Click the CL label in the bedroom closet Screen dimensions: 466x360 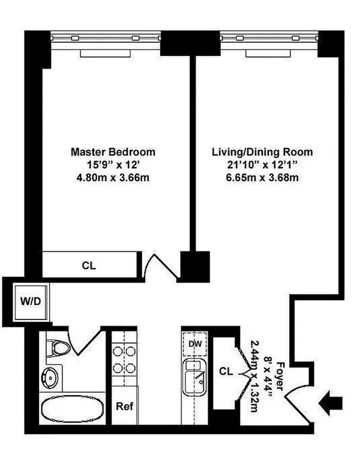coord(88,265)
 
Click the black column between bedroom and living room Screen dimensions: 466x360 coord(196,264)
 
